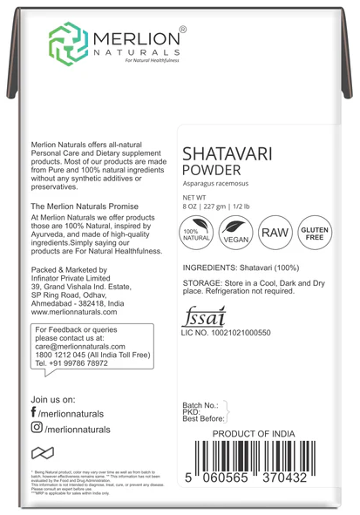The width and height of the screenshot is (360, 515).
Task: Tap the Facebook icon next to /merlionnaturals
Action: coord(34,411)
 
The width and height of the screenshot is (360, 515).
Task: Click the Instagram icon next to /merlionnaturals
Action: coord(36,428)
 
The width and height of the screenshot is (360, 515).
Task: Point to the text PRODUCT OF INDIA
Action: coord(261,433)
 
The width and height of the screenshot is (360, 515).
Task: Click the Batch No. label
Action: coord(201,406)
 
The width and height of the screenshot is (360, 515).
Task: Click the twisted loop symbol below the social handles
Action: coord(43,452)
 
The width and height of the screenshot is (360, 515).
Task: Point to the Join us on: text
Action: coord(57,397)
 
